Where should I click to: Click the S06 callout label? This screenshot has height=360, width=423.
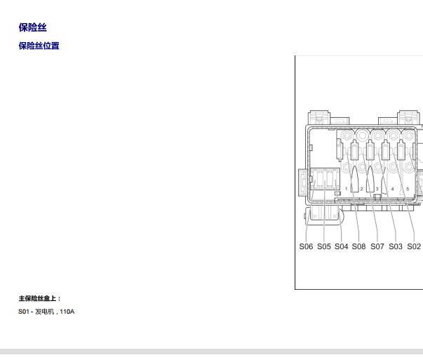pos(306,246)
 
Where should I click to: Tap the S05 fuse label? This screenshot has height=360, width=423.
pos(323,246)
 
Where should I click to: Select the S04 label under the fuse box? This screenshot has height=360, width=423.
pos(341,246)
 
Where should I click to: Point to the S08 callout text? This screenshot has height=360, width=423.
pos(358,246)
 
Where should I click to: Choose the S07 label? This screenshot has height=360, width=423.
pos(377,246)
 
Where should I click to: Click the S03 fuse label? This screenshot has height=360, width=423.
pos(396,246)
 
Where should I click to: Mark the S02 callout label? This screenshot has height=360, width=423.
pos(414,246)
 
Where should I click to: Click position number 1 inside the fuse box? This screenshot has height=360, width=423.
pos(346,189)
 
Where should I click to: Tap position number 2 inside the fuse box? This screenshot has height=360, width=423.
pos(361,189)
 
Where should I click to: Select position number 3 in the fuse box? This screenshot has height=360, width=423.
pos(377,189)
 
